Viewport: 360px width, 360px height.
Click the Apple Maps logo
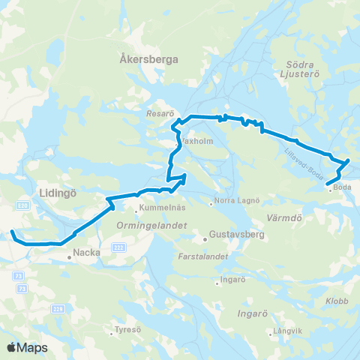[27, 347]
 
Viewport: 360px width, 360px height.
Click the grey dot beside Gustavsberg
[205, 240]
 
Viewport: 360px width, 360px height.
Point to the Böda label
[343, 187]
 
